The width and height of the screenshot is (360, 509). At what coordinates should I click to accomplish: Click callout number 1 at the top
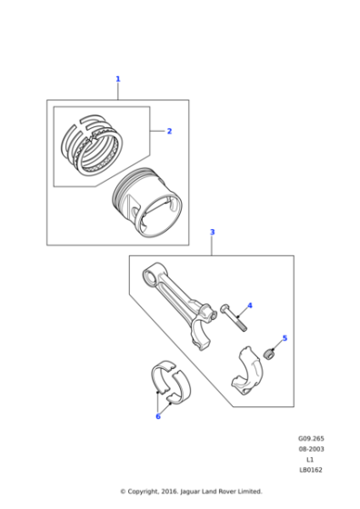tap(117, 79)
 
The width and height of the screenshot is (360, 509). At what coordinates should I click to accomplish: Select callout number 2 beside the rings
tap(168, 131)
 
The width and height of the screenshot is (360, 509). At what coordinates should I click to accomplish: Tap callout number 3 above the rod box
tap(212, 233)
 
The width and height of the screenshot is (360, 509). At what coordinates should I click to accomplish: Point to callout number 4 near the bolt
tap(249, 306)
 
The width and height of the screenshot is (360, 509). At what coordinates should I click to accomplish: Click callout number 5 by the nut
tap(284, 338)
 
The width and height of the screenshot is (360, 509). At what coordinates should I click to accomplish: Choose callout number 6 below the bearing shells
tap(157, 416)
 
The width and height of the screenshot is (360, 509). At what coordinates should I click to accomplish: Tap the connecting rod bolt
tap(234, 317)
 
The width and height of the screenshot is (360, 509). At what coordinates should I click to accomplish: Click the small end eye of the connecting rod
tap(153, 271)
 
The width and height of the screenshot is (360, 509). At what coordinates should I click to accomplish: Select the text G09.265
tap(311, 437)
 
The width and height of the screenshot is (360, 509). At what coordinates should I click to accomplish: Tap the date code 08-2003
tap(311, 448)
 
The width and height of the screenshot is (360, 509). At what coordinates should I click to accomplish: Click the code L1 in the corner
tap(311, 459)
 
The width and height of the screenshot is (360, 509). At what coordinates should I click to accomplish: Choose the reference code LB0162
tap(311, 470)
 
